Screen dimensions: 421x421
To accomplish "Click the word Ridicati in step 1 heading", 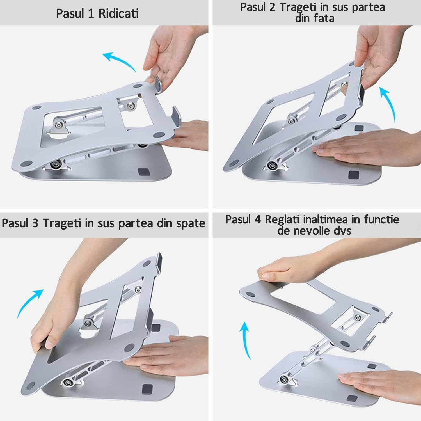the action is point(118,13).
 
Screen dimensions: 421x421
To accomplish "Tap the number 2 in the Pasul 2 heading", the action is point(272,7).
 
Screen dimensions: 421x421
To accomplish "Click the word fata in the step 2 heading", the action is point(324,19).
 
